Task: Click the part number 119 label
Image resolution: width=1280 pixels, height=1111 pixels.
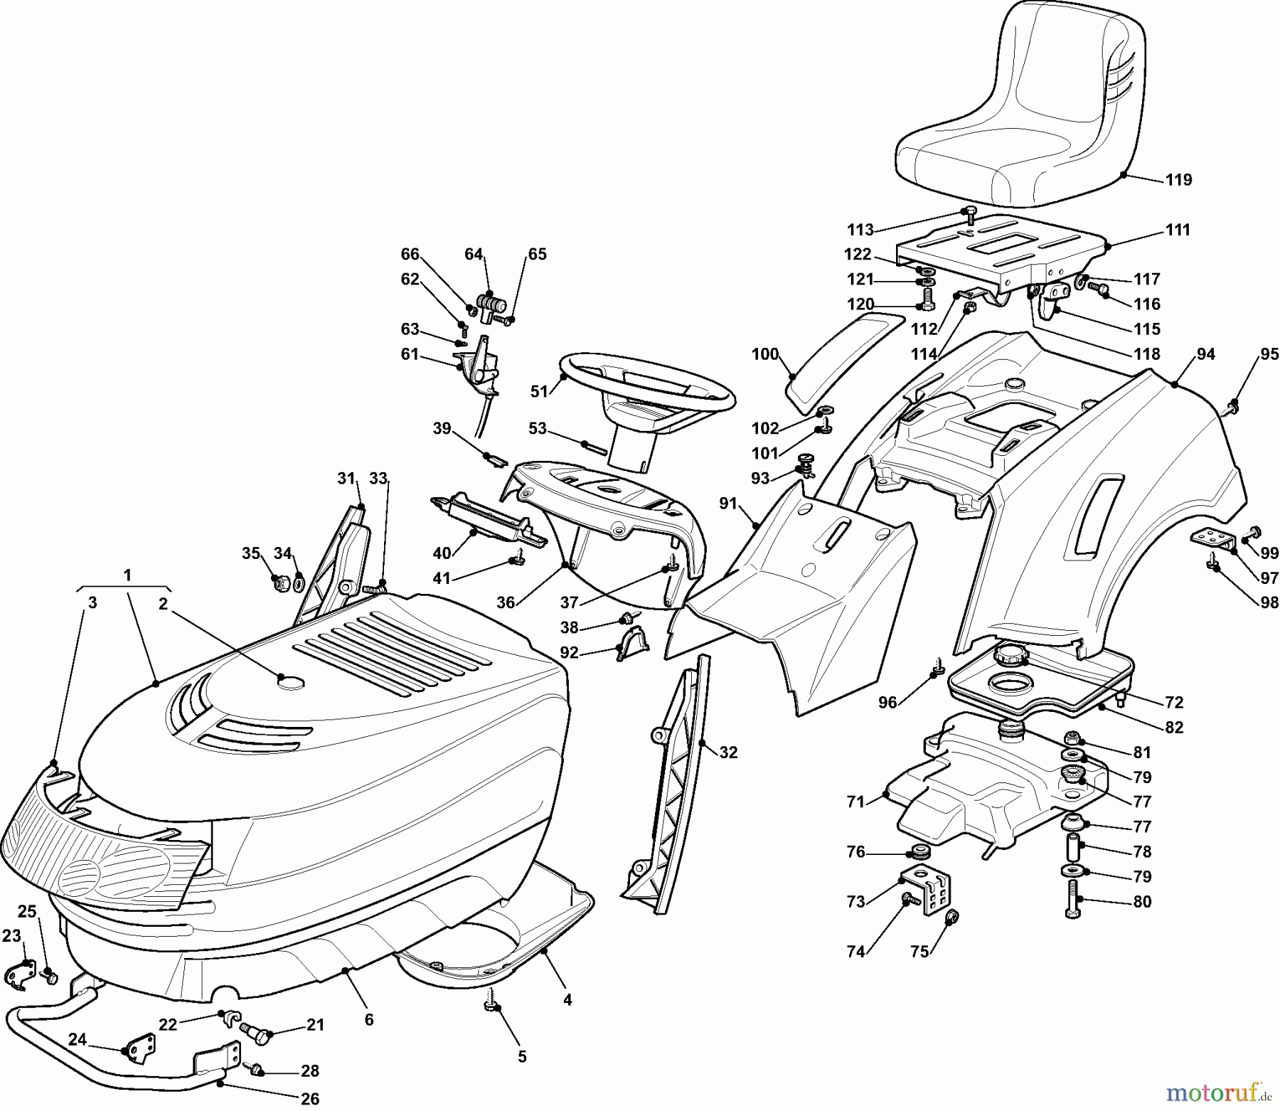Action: coord(1178,180)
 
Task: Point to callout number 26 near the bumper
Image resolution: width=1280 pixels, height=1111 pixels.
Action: coord(309,1099)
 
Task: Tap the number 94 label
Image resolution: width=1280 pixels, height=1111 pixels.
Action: coord(1205,354)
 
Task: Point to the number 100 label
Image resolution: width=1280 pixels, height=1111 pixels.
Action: coord(765,354)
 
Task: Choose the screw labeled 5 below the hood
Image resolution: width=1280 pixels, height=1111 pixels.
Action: coord(491,1005)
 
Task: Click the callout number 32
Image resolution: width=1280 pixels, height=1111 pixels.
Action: coord(728,752)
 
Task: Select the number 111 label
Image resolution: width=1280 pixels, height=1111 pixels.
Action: coord(1178,230)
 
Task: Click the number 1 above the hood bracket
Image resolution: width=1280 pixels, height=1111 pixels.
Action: coord(127,575)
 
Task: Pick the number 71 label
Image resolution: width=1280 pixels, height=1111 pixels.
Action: coord(855,802)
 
